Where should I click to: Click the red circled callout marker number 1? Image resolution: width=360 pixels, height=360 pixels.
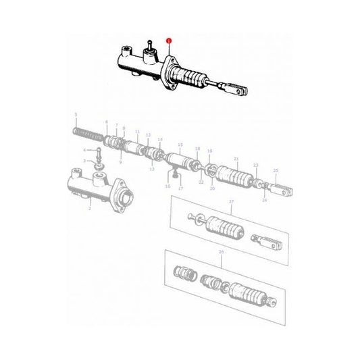pos(170,41)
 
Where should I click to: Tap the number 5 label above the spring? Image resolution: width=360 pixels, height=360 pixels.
pos(76,114)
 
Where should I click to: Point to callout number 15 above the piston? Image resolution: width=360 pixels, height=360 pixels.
pos(180,144)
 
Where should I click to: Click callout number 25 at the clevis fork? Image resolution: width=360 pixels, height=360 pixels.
pos(275,170)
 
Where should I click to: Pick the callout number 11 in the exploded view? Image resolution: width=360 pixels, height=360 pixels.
pos(137,132)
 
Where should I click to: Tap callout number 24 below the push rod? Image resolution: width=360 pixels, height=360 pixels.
pos(264,200)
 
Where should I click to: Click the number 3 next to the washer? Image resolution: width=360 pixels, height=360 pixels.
pos(84,161)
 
